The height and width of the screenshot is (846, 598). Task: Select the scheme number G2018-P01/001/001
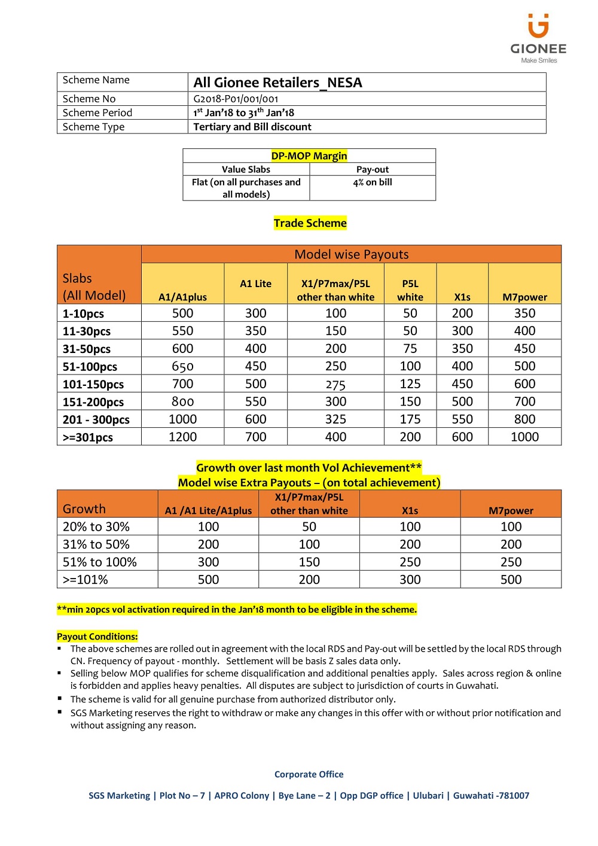tap(236, 99)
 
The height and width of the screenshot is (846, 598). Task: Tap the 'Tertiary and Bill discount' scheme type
tap(252, 127)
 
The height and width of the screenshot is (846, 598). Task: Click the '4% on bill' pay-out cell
tap(373, 182)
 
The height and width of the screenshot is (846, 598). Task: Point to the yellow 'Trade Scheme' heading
tap(310, 223)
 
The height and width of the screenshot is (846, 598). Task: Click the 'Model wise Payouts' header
tap(352, 254)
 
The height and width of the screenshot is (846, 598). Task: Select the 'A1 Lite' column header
tap(255, 284)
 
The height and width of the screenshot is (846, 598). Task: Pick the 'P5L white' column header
tap(410, 290)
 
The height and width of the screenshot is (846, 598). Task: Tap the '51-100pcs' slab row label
tap(90, 367)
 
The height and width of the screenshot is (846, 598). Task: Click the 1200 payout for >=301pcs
tap(182, 437)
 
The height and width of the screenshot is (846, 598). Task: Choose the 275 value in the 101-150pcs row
tap(335, 385)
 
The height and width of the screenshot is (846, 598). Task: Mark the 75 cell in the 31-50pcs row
tap(410, 349)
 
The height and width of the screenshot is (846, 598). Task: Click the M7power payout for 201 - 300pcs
tap(524, 419)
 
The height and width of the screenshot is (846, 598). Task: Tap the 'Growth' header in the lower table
tap(84, 509)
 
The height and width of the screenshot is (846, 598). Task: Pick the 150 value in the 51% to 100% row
tap(309, 562)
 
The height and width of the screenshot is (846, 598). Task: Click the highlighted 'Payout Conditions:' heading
tap(97, 637)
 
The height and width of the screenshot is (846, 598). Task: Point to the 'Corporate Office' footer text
tap(309, 774)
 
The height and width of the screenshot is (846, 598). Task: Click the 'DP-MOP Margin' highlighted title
tap(309, 156)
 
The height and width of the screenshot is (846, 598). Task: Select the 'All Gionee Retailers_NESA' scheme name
tap(277, 83)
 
